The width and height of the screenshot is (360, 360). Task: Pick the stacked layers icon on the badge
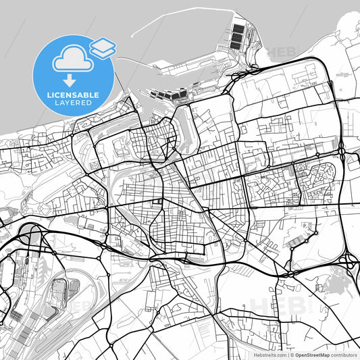click(x=102, y=47)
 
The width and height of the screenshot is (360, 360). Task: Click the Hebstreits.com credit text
click(x=266, y=354)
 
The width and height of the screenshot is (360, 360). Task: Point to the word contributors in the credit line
click(x=344, y=354)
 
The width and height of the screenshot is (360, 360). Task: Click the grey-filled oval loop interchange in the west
click(x=30, y=234)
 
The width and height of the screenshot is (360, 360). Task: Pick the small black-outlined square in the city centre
click(x=160, y=201)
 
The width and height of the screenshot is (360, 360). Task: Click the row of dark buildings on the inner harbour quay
click(x=165, y=95)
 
